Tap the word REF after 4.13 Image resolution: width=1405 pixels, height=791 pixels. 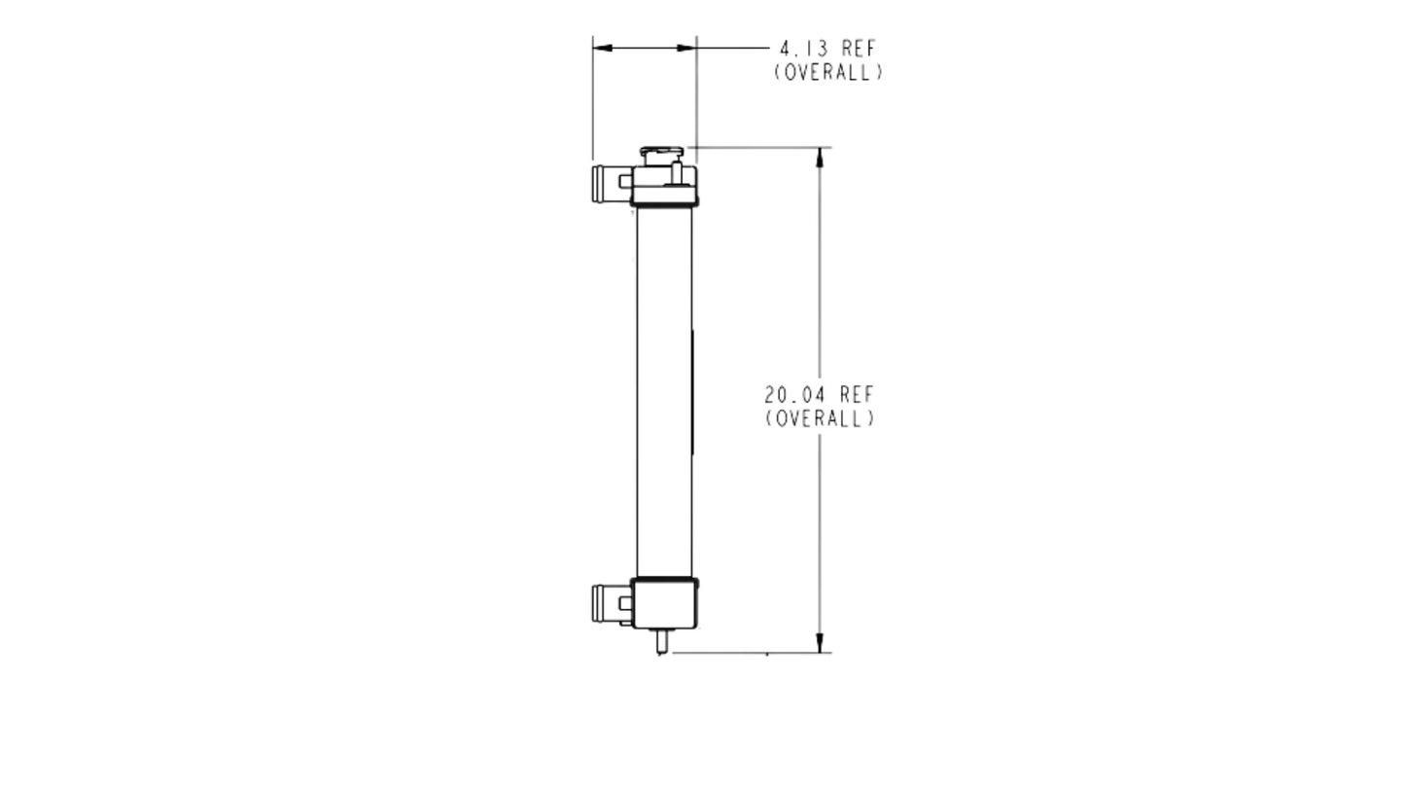point(859,49)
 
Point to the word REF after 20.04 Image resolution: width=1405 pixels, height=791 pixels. point(857,395)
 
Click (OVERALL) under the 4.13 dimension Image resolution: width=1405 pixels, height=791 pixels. point(828,72)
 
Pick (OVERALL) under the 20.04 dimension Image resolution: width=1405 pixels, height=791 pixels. point(820,418)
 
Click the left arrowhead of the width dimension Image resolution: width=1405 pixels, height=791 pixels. point(602,48)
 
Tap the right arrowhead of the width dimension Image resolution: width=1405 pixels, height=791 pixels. point(686,48)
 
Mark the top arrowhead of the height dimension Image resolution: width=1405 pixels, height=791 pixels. point(819,158)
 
